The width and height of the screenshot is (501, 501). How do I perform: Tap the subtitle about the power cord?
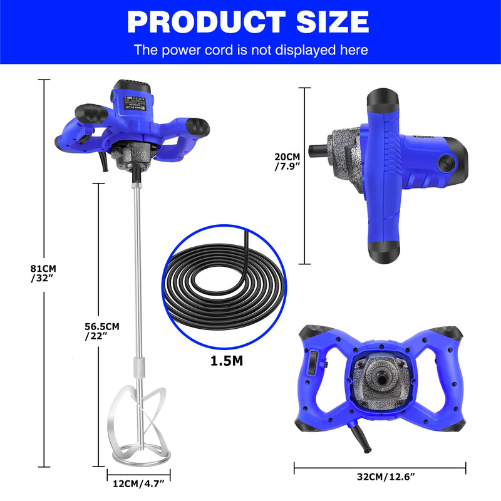coord(250,49)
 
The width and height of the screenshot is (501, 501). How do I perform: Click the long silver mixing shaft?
coord(136,269)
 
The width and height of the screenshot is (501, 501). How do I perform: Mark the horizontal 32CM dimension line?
coord(380,467)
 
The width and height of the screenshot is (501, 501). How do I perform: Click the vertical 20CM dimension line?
coord(306,175)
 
